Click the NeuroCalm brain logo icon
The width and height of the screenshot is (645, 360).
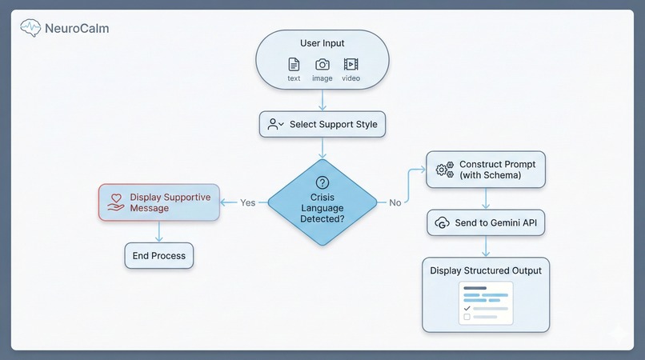click(30, 28)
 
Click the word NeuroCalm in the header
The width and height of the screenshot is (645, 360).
click(77, 29)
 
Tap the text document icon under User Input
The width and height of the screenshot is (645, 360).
click(294, 65)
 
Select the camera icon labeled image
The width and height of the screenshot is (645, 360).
click(322, 65)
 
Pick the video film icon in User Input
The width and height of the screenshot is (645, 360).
click(351, 65)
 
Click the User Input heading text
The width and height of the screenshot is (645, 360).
click(322, 44)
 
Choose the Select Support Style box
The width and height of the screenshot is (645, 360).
click(322, 124)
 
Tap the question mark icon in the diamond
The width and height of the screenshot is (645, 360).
click(322, 183)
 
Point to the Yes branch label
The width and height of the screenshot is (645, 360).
click(247, 202)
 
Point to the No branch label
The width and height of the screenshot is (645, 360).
click(395, 202)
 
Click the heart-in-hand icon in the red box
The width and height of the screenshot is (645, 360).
click(115, 202)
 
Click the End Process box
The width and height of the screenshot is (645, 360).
click(158, 256)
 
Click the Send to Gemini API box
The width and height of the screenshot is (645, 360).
click(486, 222)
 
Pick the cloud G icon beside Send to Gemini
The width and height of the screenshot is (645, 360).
click(442, 222)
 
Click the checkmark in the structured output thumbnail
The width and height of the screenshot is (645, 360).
click(467, 307)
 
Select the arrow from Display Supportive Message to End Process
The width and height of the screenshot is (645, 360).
click(158, 232)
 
